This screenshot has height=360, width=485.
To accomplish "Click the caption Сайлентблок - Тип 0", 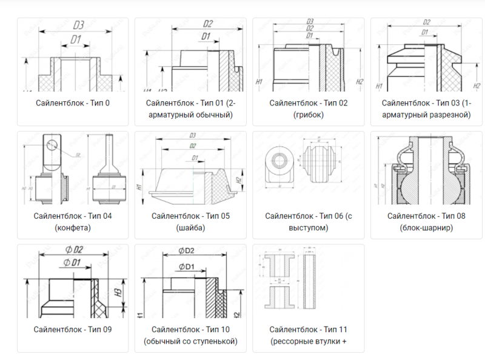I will [72, 103].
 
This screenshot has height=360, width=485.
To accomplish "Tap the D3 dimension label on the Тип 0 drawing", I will [78, 25].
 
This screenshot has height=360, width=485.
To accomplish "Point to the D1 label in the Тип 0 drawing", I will [76, 39].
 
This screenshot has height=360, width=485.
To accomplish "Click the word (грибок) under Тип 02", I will [308, 115].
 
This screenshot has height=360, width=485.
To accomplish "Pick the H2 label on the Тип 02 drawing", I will [360, 81].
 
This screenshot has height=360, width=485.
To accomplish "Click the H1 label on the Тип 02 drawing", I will [259, 81].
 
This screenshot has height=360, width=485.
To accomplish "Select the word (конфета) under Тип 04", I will [72, 228].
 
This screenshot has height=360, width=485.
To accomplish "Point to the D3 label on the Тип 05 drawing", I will [193, 135].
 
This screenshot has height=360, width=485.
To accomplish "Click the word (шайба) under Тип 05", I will [190, 228].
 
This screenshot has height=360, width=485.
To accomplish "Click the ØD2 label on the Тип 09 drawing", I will [75, 249].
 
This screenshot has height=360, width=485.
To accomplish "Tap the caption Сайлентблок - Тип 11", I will [308, 330].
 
